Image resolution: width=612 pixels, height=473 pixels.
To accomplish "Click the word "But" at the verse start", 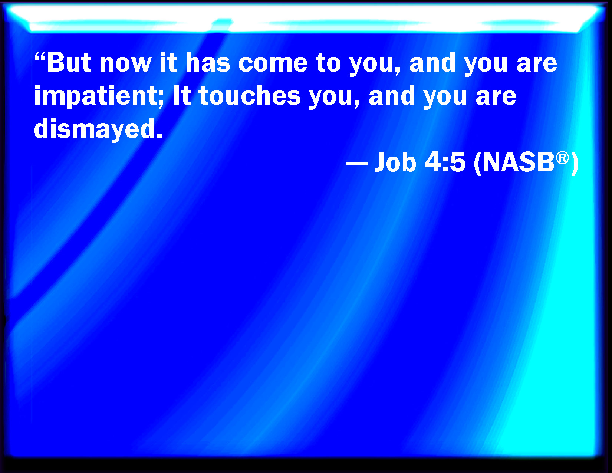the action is (x=69, y=62).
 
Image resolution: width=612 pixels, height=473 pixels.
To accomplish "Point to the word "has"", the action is (x=208, y=62).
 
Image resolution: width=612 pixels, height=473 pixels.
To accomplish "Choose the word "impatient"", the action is (x=95, y=96).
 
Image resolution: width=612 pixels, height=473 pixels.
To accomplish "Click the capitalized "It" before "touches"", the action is (x=182, y=95).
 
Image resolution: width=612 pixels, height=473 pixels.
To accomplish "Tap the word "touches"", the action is (x=250, y=95).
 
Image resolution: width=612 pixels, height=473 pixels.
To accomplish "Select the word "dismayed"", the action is (x=94, y=130).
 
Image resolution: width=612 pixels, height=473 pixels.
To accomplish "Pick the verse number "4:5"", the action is (x=445, y=162).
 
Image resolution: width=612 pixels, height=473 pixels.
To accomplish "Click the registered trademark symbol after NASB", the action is (x=562, y=158).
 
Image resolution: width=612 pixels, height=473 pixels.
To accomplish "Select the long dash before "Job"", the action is (x=357, y=164).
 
